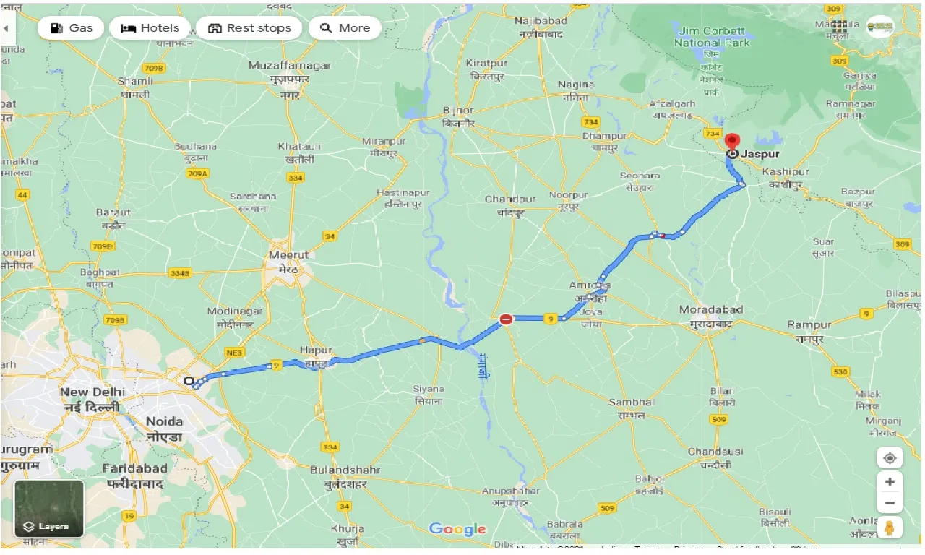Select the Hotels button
[x=150, y=28]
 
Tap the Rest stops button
[x=249, y=28]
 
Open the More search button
[x=345, y=28]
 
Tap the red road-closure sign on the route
[x=507, y=319]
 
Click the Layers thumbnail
[x=49, y=509]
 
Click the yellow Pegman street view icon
[x=889, y=528]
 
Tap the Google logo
[x=457, y=529]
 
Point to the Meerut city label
[x=288, y=255]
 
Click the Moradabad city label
[x=710, y=309]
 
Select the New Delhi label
[x=92, y=392]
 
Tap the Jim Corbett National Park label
[x=712, y=37]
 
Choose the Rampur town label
[x=810, y=324]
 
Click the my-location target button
[x=889, y=458]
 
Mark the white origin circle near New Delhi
[x=189, y=381]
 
